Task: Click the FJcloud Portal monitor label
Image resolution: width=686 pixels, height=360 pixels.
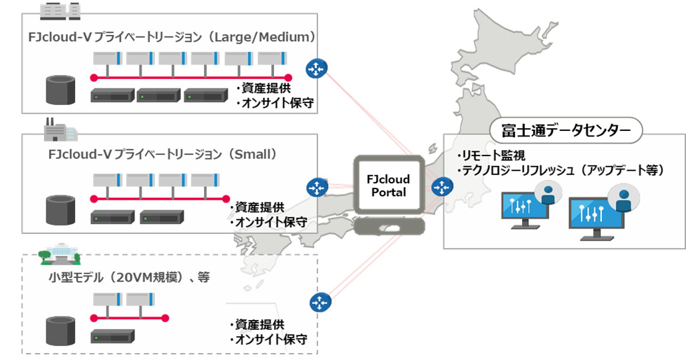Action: [387, 186]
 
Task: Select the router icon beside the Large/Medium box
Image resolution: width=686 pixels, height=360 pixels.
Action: [317, 69]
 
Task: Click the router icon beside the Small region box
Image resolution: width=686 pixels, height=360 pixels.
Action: [317, 188]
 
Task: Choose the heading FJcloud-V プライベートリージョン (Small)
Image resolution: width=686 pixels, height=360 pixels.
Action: [163, 154]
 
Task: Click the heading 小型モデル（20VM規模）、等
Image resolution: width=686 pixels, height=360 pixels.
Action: [125, 277]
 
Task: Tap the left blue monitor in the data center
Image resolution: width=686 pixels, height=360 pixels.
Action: [524, 210]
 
